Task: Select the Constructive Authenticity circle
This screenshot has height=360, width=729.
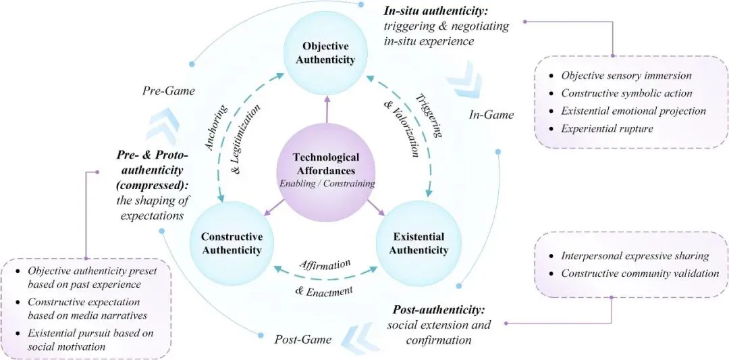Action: click(x=230, y=244)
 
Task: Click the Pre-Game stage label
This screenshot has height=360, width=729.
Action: click(x=169, y=90)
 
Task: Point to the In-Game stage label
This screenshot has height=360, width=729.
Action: click(x=491, y=115)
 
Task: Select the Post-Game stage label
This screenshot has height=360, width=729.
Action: click(x=302, y=339)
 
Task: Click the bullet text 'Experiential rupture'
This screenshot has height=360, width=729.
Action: click(x=607, y=128)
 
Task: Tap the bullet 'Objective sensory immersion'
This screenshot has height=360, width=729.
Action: click(x=626, y=75)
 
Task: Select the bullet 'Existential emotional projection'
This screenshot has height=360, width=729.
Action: click(x=633, y=110)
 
